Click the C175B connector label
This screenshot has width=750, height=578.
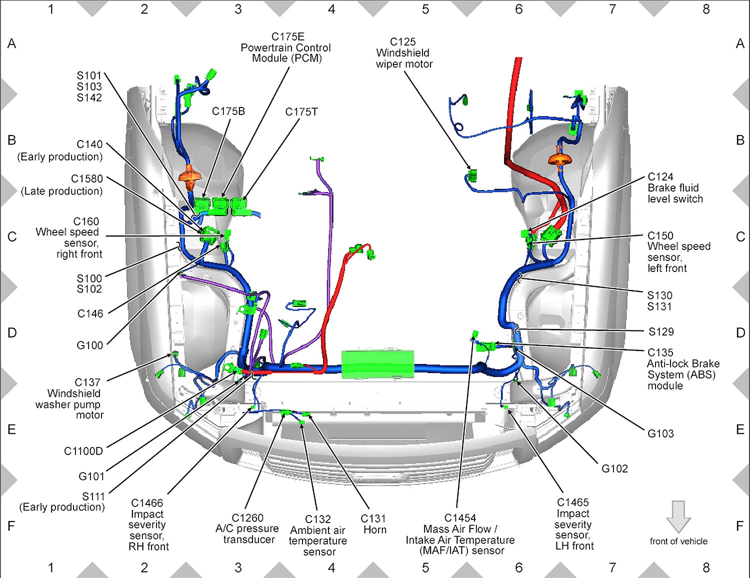pos(228,111)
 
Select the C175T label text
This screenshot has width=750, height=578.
pos(301,112)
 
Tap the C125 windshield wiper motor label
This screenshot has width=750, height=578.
pos(403,53)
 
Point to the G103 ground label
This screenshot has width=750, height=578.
pos(660,433)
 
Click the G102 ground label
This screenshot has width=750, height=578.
pos(614,468)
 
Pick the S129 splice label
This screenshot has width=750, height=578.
pos(661,331)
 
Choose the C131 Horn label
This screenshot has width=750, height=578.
pos(374,524)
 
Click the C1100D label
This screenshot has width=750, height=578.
pos(83,451)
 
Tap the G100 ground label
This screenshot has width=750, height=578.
pos(90,345)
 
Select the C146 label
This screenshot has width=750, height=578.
pos(90,313)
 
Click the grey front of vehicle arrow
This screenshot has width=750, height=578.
pos(678,516)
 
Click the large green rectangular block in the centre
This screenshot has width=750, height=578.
pos(378,364)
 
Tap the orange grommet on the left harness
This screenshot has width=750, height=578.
pos(190,175)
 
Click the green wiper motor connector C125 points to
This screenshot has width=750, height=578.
pos(471,175)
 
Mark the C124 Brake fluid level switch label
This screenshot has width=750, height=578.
pos(675,188)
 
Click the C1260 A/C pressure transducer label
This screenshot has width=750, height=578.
pos(247,528)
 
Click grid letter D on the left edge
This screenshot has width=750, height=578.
pos(12,333)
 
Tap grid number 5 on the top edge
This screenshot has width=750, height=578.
pos(425,9)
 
